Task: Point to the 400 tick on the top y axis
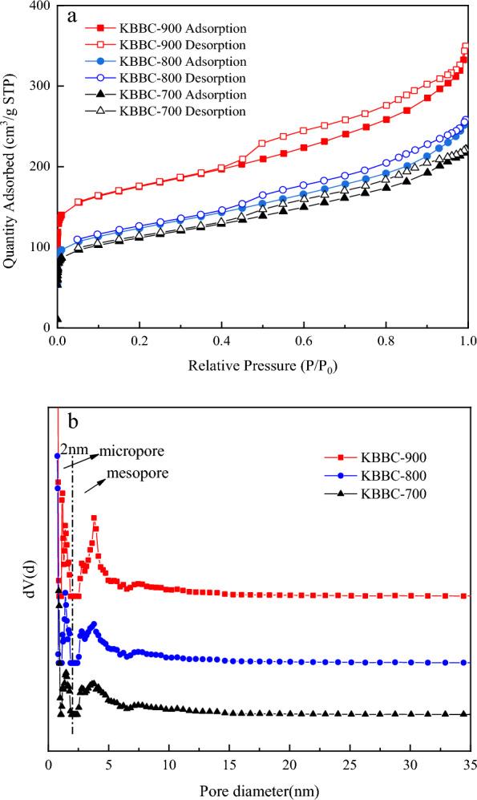[x=40, y=6]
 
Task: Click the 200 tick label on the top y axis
[x=40, y=167]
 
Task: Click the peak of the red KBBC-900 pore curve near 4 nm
[x=94, y=518]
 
